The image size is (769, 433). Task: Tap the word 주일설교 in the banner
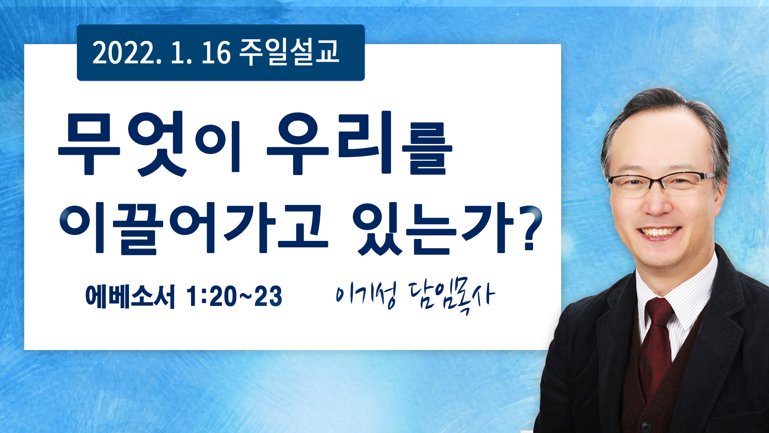pyautogui.click(x=289, y=53)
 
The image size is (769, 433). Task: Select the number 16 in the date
pyautogui.click(x=216, y=53)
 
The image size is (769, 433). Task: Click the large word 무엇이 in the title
pyautogui.click(x=149, y=144)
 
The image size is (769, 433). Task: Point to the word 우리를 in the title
pyautogui.click(x=359, y=144)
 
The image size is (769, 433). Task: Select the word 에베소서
pyautogui.click(x=131, y=296)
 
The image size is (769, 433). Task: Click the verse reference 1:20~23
pyautogui.click(x=234, y=296)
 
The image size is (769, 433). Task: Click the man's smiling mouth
pyautogui.click(x=659, y=233)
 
